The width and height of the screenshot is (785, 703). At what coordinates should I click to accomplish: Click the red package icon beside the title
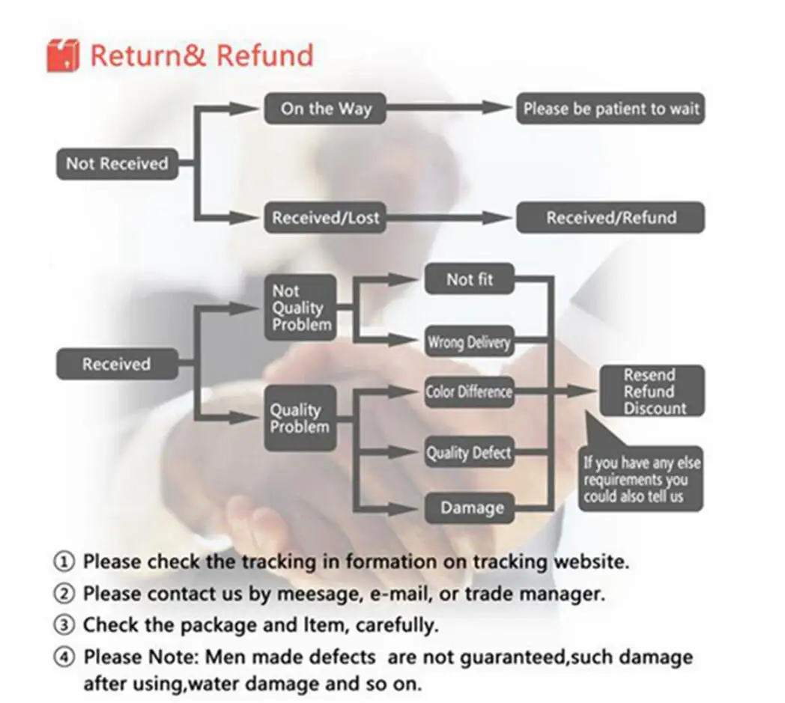tap(63, 56)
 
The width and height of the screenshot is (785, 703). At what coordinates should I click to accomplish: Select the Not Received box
tap(117, 164)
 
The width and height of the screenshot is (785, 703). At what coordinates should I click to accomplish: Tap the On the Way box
tap(326, 109)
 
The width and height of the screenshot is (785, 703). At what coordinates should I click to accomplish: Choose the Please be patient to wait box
tap(610, 109)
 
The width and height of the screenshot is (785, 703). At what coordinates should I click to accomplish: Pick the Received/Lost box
tap(326, 218)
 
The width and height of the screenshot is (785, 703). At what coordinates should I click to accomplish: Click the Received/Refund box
tap(610, 218)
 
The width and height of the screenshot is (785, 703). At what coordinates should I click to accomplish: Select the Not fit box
tap(470, 280)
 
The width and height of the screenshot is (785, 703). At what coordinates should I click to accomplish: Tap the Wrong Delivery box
tap(469, 343)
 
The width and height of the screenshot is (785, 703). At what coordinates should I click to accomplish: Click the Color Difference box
tap(469, 392)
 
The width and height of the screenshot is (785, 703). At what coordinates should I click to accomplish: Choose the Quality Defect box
tap(469, 453)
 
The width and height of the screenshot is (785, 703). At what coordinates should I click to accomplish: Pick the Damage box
tap(471, 508)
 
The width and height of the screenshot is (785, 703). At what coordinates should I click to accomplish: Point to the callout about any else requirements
tap(641, 479)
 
